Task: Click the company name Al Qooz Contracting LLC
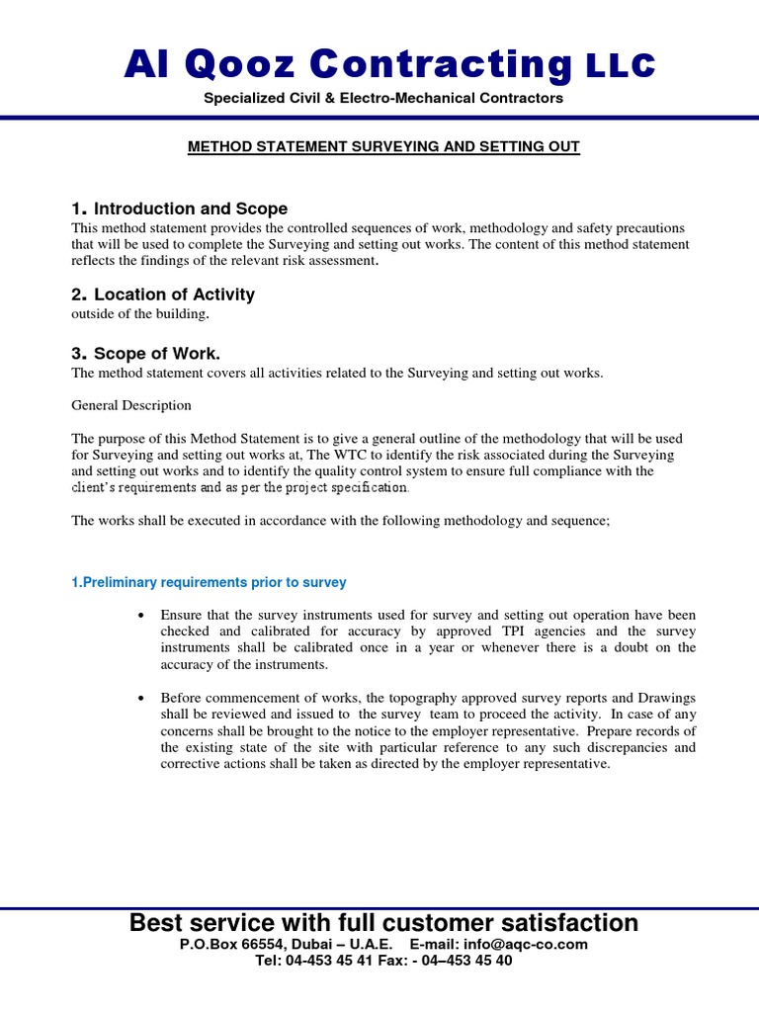click(388, 65)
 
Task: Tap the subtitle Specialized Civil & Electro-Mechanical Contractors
click(383, 98)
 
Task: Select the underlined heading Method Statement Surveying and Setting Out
click(383, 147)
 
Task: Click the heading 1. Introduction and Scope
click(180, 209)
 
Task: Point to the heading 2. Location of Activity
click(163, 295)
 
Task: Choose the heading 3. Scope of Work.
click(146, 354)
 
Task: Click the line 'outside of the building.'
click(140, 314)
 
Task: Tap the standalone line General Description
click(131, 405)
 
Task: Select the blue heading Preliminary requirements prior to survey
click(209, 582)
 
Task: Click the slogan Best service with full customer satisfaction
click(383, 923)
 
